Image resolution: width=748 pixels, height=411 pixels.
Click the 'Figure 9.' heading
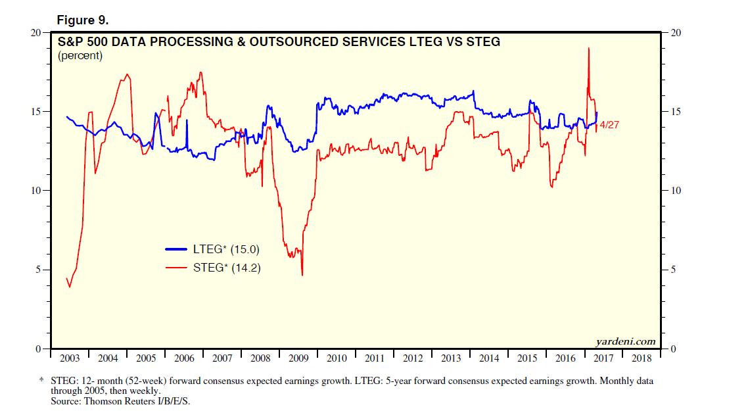click(82, 20)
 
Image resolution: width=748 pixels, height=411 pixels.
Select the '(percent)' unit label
click(80, 56)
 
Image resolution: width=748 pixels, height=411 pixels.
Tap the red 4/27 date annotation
click(610, 125)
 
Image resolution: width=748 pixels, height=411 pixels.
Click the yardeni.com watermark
click(625, 341)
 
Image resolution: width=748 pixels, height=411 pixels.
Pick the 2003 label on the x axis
click(70, 359)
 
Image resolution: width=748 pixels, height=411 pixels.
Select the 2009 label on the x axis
click(298, 359)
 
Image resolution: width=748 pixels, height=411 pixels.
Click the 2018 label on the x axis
click(642, 359)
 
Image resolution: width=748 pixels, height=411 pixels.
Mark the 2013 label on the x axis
click(451, 359)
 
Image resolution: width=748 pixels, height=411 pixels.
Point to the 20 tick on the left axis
click(37, 32)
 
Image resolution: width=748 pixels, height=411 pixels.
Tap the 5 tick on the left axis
click(39, 270)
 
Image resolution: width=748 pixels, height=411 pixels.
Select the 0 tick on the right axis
click(672, 349)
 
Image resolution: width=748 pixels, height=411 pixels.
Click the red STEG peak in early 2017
click(588, 48)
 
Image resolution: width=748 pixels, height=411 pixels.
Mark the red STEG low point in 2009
click(302, 275)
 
